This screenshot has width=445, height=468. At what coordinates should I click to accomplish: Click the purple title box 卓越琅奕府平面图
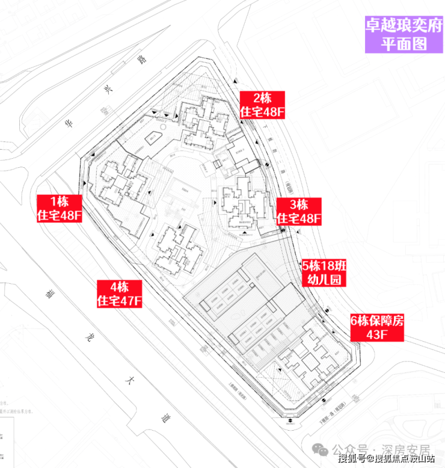coord(404,34)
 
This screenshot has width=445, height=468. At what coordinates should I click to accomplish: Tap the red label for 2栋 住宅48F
coord(262,105)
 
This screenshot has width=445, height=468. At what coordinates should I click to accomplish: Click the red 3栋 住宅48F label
coord(299,211)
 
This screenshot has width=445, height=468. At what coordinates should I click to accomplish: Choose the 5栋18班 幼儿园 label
coord(325,272)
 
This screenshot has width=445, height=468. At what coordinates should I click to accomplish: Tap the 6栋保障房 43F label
coord(377,328)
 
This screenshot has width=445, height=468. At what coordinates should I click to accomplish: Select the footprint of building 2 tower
coord(201,122)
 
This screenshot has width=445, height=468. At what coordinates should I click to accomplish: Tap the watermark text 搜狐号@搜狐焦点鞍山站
coord(386,460)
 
